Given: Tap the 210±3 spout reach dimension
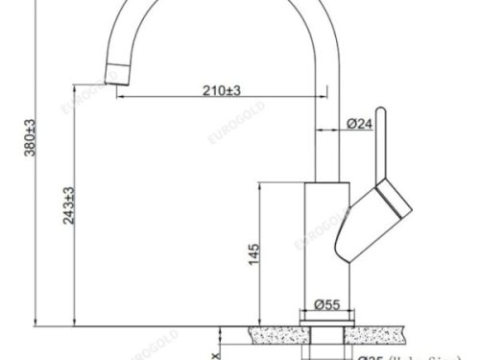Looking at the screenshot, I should pos(220,89).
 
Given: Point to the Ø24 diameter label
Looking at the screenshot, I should pos(360,124).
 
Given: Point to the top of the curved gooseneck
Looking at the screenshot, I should pos(230,5).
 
